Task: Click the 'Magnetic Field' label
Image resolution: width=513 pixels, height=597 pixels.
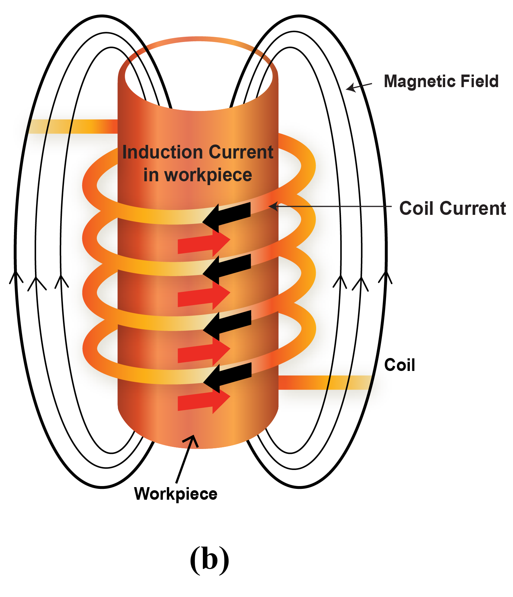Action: [441, 81]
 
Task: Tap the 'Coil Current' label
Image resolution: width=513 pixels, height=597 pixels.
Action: [452, 209]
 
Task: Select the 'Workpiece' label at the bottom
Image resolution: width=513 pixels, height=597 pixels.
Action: [176, 494]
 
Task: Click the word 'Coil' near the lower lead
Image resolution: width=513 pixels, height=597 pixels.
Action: [400, 365]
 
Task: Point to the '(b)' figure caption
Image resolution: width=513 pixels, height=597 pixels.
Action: [209, 559]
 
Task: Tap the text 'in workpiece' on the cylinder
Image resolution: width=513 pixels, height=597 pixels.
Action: [198, 175]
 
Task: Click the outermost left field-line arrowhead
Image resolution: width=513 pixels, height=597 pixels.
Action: [16, 276]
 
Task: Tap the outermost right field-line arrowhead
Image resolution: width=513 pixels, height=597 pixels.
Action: [385, 276]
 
